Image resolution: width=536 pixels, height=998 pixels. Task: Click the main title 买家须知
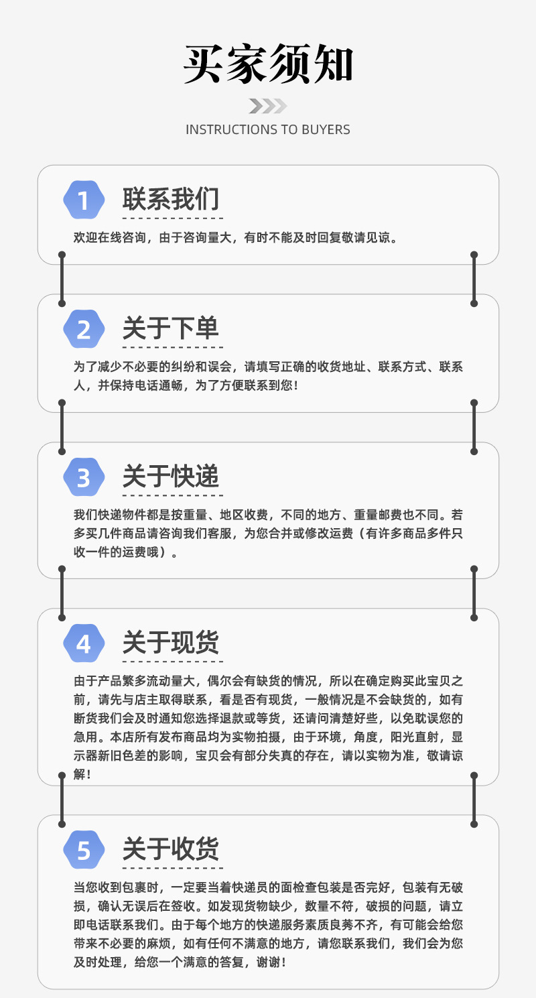coord(268,65)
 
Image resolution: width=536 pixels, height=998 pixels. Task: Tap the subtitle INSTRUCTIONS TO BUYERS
coord(268,129)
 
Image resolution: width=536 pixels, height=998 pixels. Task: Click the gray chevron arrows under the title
coord(268,106)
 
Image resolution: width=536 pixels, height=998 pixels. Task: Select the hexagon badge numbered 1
coord(84,200)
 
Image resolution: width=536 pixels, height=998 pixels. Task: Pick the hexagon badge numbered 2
coord(84,329)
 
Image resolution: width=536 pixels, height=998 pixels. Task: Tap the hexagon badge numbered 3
coord(84,478)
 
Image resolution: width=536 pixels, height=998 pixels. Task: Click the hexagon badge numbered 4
coord(84,643)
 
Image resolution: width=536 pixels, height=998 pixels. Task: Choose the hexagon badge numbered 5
coord(84,850)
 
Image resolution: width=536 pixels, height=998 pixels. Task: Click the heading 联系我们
coord(171,199)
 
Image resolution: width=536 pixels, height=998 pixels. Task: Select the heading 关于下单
coord(171,328)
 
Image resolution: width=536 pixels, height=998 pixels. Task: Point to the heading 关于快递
coord(171,477)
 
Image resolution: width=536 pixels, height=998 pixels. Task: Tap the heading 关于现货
coord(171,642)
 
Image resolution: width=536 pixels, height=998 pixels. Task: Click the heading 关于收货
coord(171,849)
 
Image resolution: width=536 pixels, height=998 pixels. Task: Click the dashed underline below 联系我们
coord(172,219)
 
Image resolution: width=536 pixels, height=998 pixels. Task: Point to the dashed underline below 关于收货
coord(172,868)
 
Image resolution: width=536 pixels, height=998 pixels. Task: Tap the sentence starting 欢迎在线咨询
coord(235,237)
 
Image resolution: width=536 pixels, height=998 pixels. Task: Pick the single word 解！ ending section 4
coord(82,774)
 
